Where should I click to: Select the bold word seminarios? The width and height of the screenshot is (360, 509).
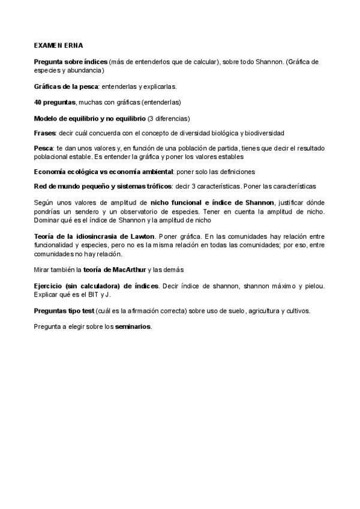[x=133, y=327]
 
